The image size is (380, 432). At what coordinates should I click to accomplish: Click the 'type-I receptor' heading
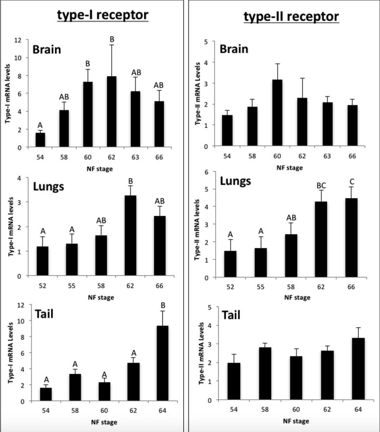click(x=102, y=15)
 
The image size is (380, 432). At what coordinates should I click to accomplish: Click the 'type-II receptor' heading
click(x=291, y=17)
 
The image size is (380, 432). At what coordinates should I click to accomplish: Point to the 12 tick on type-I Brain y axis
click(x=18, y=40)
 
